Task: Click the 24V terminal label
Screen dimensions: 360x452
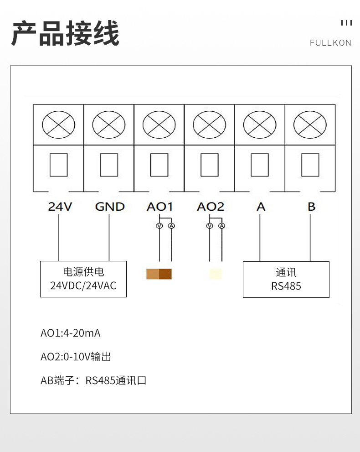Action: click(60, 207)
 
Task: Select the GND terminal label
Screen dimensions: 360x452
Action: click(110, 207)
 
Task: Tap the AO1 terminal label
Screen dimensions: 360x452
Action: click(160, 207)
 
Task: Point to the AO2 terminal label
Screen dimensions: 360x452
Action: click(211, 207)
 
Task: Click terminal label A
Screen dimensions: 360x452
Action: click(261, 207)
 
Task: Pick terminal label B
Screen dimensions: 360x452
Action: click(311, 207)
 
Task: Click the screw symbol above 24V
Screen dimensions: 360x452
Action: click(58, 125)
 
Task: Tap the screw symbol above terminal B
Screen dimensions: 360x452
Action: click(310, 125)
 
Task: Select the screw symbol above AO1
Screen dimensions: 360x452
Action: click(159, 125)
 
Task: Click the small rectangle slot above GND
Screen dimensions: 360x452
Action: click(109, 165)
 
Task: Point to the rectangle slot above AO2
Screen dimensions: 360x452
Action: click(209, 165)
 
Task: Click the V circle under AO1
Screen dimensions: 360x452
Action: click(159, 226)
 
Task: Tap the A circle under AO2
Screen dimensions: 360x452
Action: click(221, 226)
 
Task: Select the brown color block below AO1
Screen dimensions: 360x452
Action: click(159, 274)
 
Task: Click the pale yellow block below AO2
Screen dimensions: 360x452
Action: click(216, 274)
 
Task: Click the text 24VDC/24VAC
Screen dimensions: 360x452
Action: click(83, 286)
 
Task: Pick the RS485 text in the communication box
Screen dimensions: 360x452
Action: click(286, 286)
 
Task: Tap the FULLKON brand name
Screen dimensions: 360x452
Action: click(331, 43)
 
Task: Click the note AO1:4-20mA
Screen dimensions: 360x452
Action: click(71, 333)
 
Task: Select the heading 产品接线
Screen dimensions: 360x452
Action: click(65, 33)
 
